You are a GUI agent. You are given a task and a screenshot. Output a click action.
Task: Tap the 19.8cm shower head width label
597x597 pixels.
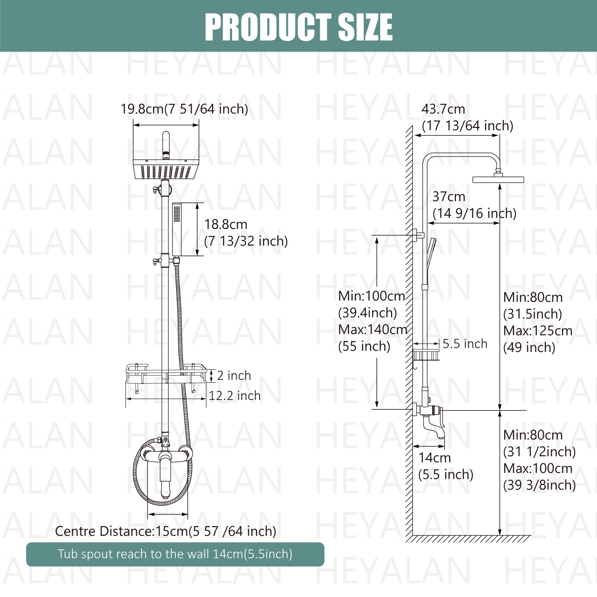(x=184, y=109)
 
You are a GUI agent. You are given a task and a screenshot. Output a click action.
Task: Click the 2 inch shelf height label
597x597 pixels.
(x=234, y=375)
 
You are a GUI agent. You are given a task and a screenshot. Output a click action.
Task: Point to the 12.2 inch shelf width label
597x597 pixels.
(x=235, y=396)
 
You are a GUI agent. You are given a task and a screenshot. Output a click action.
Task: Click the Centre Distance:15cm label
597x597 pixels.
(x=166, y=531)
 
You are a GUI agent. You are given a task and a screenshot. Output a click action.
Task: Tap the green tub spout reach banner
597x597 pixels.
(x=175, y=554)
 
